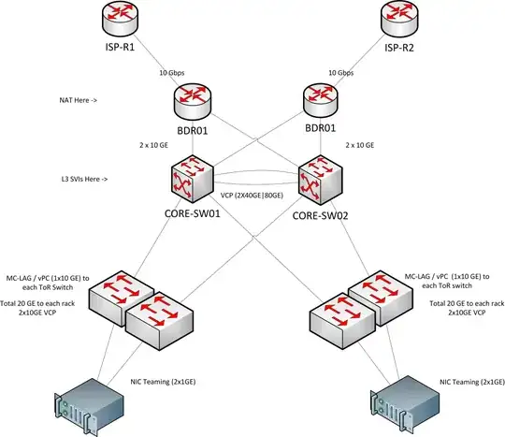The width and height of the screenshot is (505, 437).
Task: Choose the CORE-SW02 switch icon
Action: tap(317, 178)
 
